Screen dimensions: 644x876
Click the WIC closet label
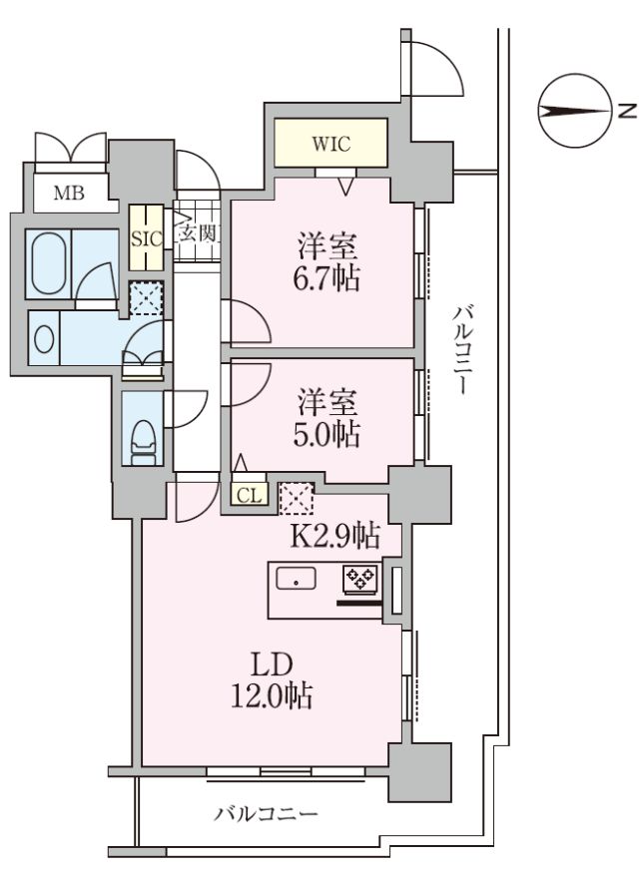[330, 144]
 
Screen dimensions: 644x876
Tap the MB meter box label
[69, 194]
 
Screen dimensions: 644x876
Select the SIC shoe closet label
[147, 238]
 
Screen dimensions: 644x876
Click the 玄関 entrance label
[198, 234]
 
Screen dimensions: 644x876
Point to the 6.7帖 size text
[326, 277]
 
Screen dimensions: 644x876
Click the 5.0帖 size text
[326, 434]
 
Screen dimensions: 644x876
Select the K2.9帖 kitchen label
[334, 536]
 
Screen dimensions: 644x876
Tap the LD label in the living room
[272, 665]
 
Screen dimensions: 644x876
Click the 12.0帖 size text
[272, 696]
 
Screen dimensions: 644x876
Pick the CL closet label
[250, 496]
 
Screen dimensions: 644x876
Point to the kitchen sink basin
[296, 579]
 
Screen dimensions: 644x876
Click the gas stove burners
[360, 579]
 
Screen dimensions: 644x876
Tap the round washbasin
[43, 337]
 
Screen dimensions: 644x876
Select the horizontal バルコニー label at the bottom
[267, 813]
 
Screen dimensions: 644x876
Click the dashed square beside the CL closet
[296, 498]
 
